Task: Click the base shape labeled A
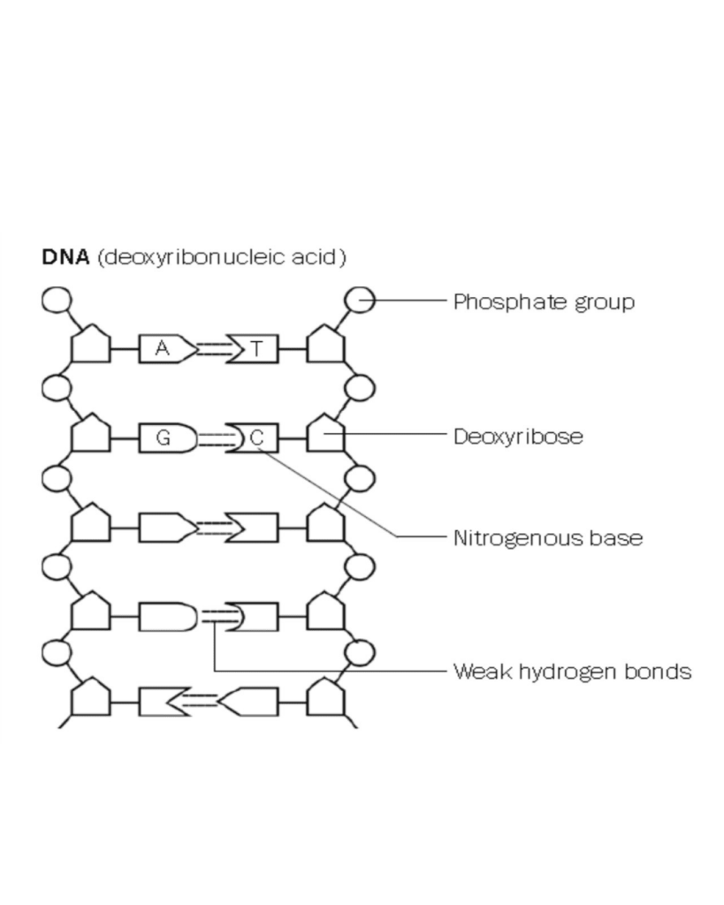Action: click(164, 349)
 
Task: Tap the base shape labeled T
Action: click(255, 349)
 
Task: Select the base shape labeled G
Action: click(164, 437)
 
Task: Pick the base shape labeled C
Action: click(257, 437)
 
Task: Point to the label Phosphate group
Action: click(544, 302)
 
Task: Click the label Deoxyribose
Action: click(518, 437)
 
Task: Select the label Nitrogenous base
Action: click(547, 537)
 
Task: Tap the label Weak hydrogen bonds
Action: click(572, 672)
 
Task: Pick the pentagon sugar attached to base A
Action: click(90, 346)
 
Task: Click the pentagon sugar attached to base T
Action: click(324, 346)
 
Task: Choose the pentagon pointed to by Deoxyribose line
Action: click(324, 434)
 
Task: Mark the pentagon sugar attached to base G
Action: click(90, 434)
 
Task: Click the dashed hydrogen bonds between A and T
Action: click(210, 349)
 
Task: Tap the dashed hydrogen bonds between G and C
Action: click(212, 437)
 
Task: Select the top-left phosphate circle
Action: click(57, 300)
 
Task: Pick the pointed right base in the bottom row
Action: click(250, 703)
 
